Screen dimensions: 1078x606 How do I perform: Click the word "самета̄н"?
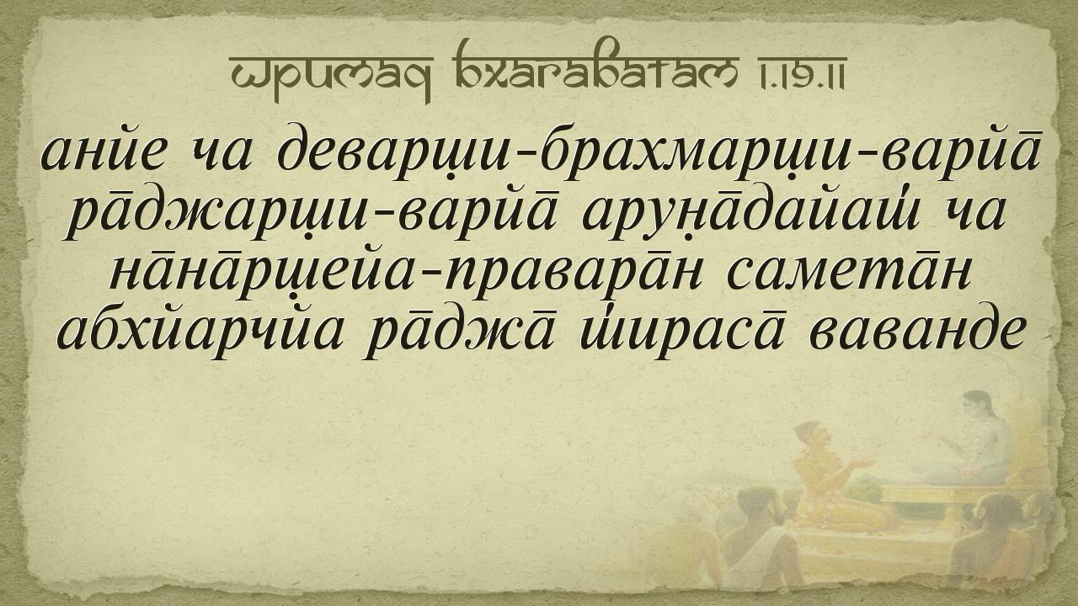(848, 278)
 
